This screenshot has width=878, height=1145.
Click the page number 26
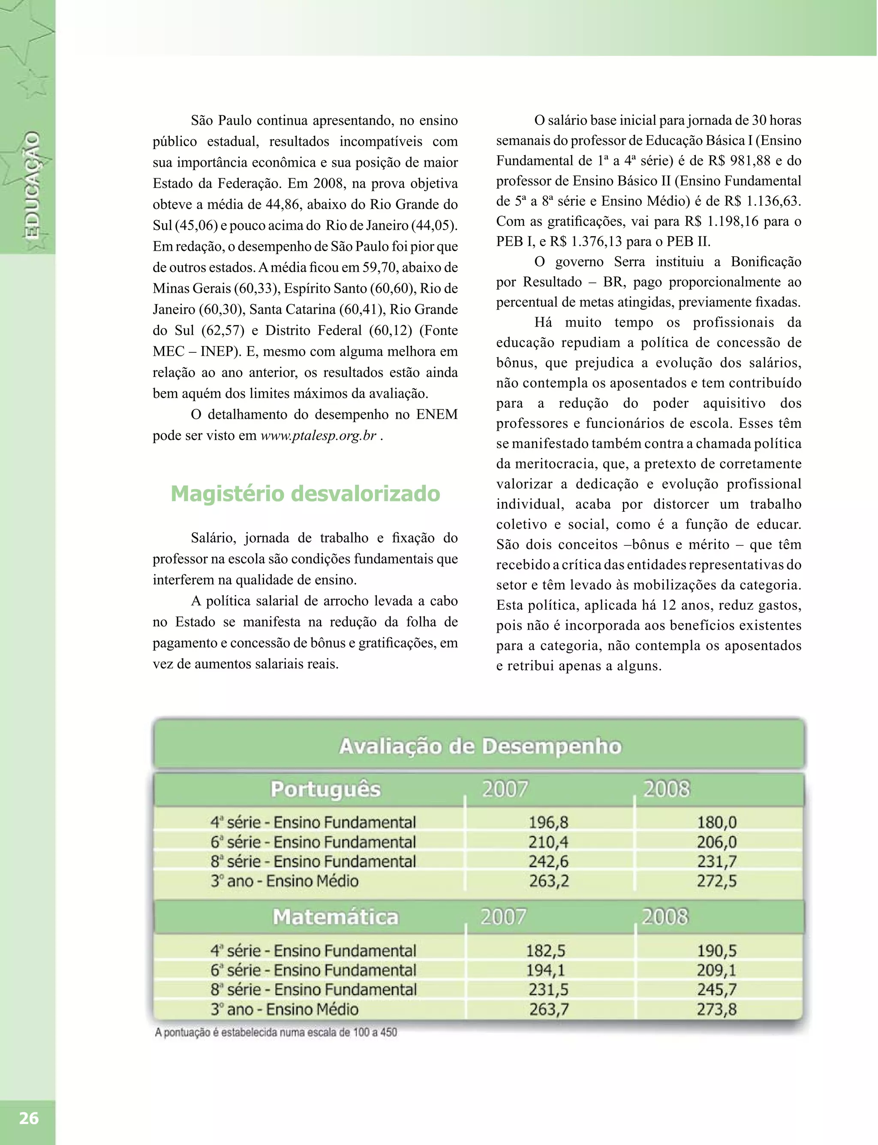click(x=28, y=1118)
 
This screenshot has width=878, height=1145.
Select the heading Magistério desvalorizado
click(x=305, y=493)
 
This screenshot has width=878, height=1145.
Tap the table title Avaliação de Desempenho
click(x=480, y=746)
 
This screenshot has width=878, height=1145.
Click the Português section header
click(x=325, y=789)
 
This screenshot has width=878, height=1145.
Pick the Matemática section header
click(x=336, y=917)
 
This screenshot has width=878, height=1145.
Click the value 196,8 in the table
click(x=548, y=823)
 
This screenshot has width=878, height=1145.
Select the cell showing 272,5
click(x=716, y=881)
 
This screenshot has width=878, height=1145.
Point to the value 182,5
click(x=546, y=951)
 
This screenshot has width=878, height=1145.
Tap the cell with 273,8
click(x=716, y=1009)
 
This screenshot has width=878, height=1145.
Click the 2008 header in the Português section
click(x=666, y=789)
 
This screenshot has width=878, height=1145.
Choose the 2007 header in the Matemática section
click(x=503, y=917)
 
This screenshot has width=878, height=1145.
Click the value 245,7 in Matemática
click(x=716, y=990)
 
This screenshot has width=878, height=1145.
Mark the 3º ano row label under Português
click(x=284, y=881)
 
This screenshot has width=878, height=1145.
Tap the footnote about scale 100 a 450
click(x=275, y=1032)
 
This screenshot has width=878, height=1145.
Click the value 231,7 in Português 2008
click(x=716, y=862)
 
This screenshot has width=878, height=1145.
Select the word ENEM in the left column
click(x=436, y=415)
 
